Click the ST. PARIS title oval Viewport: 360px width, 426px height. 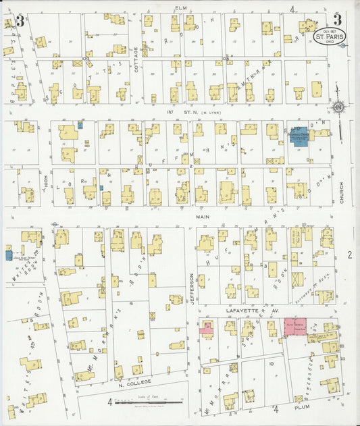pos(328,40)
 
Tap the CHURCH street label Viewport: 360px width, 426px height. pos(342,194)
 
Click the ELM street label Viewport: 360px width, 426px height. pos(180,7)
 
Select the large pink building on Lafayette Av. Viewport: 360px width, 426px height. pos(295,325)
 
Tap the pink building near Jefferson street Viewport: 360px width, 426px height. pos(206,329)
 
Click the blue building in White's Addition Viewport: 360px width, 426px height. pos(8,255)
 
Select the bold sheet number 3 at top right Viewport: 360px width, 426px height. pos(337,20)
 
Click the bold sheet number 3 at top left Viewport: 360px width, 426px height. pos(20,21)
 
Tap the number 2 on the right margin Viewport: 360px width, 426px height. pos(350,255)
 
